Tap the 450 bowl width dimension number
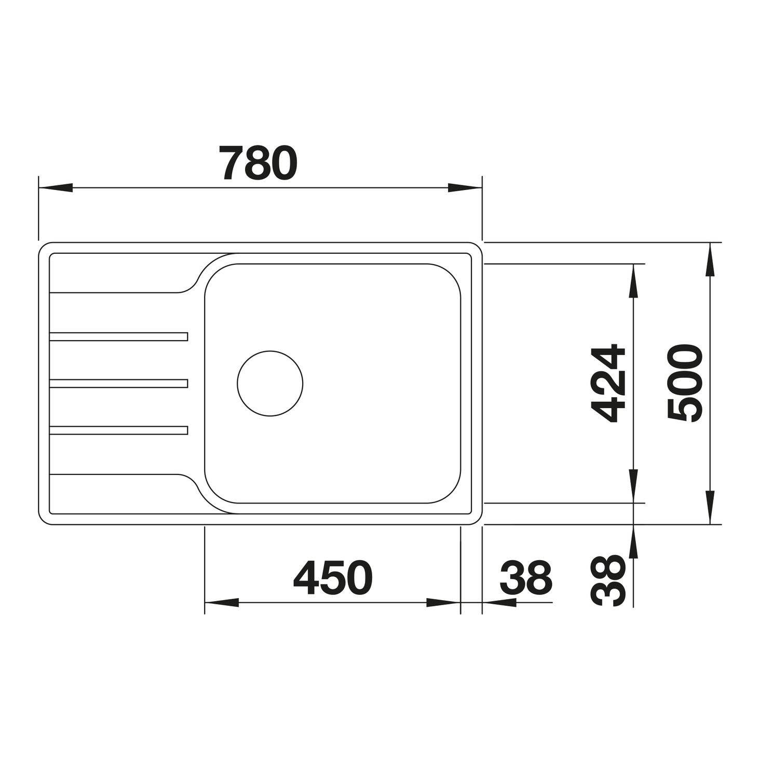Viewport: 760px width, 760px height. pos(333,578)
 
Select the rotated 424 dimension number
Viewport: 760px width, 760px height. pos(608,384)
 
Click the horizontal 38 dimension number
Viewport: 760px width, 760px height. pos(526,578)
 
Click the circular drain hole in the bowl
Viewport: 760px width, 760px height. pos(270,383)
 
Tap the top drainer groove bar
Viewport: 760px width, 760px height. pos(119,336)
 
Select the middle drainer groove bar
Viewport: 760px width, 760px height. pos(119,383)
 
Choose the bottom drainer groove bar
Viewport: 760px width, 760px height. pos(119,430)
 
